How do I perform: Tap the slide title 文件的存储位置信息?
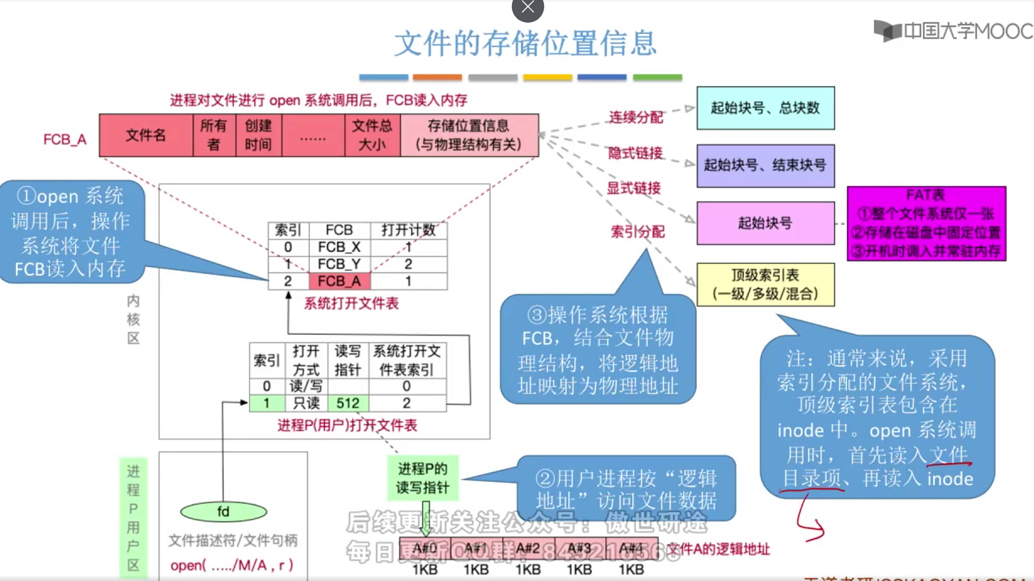pos(525,44)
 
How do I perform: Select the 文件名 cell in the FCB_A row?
pos(146,135)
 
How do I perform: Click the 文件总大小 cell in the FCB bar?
pos(372,135)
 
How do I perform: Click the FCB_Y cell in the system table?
pos(339,264)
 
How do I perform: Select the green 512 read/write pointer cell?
pos(348,403)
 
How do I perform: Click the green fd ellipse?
pos(223,511)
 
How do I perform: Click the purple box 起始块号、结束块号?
pos(765,165)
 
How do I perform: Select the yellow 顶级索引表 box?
pos(765,285)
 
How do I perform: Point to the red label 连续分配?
pos(636,117)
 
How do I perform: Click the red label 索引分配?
pos(637,232)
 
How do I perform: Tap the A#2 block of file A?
pos(528,549)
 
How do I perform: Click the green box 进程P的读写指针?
pos(422,478)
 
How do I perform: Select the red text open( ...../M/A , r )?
pos(232,565)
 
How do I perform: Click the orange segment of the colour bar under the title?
pos(437,77)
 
